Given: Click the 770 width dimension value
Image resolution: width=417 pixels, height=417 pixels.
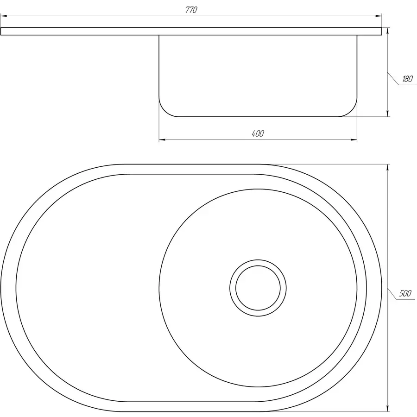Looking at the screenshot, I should (191, 10).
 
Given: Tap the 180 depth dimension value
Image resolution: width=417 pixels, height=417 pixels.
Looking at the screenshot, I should (407, 79).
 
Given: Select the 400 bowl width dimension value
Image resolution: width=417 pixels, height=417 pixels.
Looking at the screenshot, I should (258, 133).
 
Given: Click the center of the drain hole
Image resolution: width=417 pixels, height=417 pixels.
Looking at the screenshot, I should (258, 287).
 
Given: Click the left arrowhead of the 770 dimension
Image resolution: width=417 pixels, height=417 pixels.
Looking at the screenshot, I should (4, 16).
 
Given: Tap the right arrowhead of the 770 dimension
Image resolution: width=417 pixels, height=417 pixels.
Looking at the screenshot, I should (379, 16).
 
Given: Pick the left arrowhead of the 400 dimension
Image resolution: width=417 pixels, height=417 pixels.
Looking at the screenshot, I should (162, 139).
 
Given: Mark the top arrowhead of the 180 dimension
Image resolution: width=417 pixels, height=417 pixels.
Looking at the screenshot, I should (387, 31).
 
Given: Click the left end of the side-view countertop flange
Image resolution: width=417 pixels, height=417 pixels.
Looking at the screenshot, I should (2, 31).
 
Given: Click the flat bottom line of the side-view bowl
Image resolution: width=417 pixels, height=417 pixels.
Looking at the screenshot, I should (258, 116).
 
